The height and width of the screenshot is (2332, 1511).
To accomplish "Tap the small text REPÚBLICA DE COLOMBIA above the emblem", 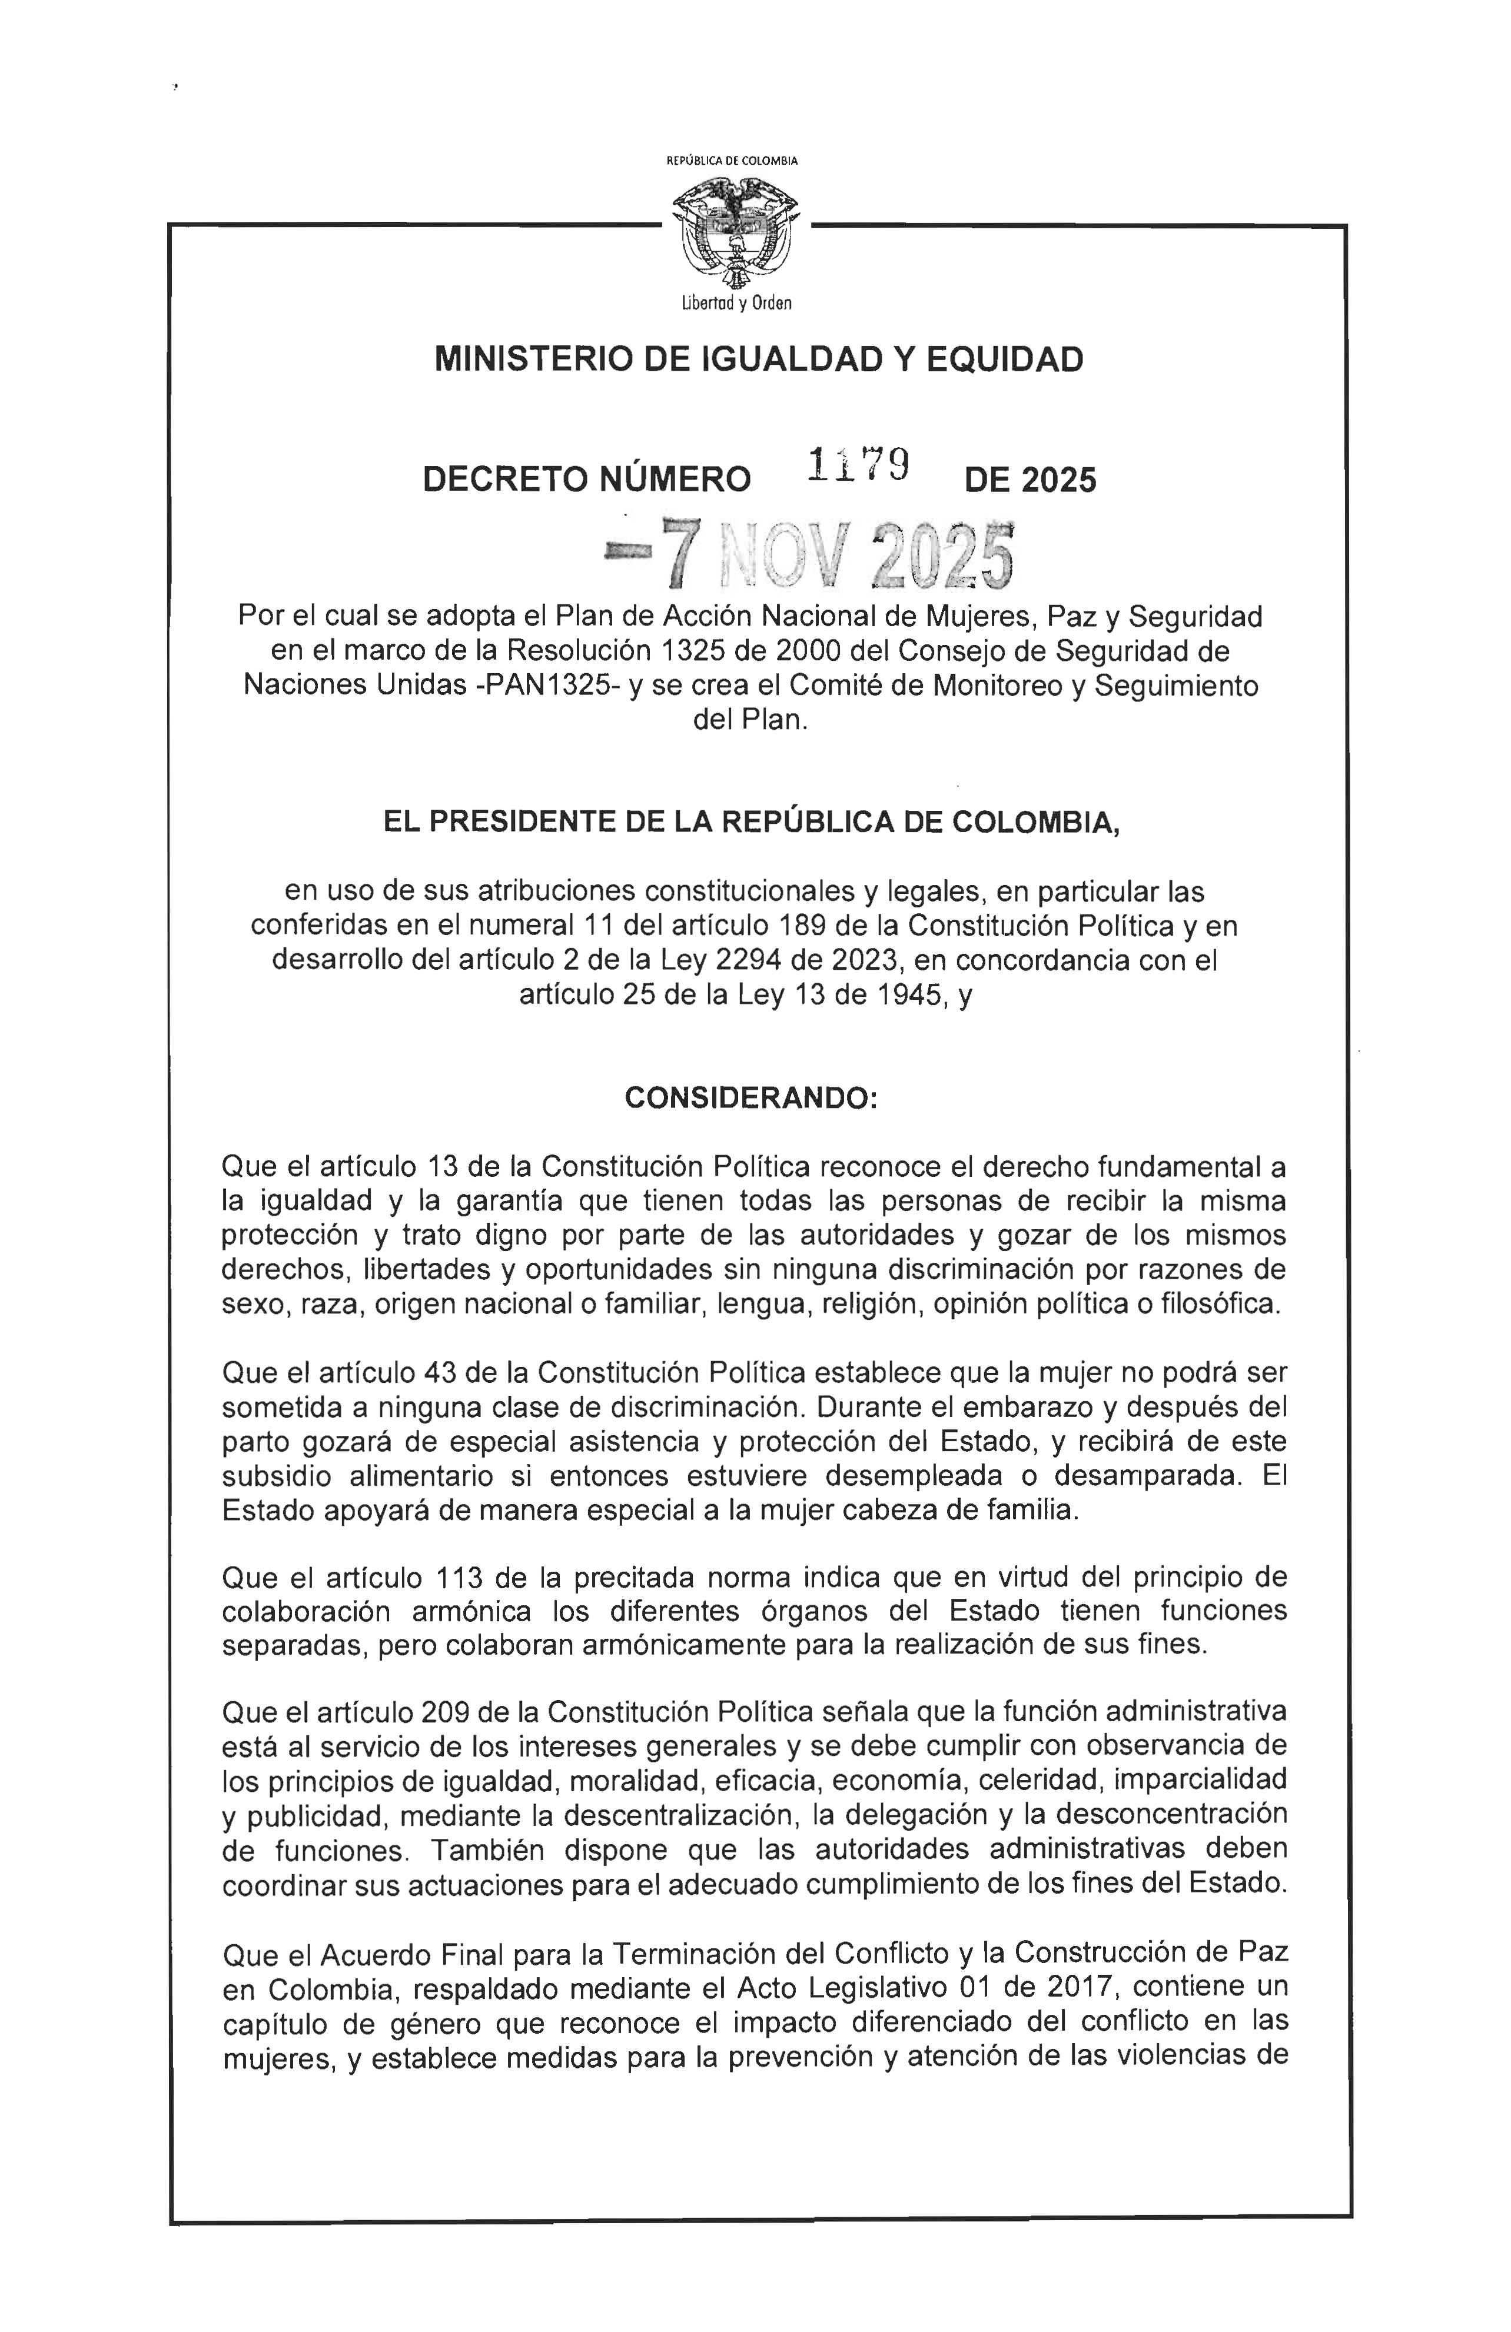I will coord(732,159).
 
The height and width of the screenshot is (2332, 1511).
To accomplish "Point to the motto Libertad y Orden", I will coord(736,304).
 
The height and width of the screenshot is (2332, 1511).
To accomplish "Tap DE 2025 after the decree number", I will coord(1030,480).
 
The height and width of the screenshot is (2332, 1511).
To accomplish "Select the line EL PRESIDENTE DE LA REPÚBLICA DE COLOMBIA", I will coord(750,821).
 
